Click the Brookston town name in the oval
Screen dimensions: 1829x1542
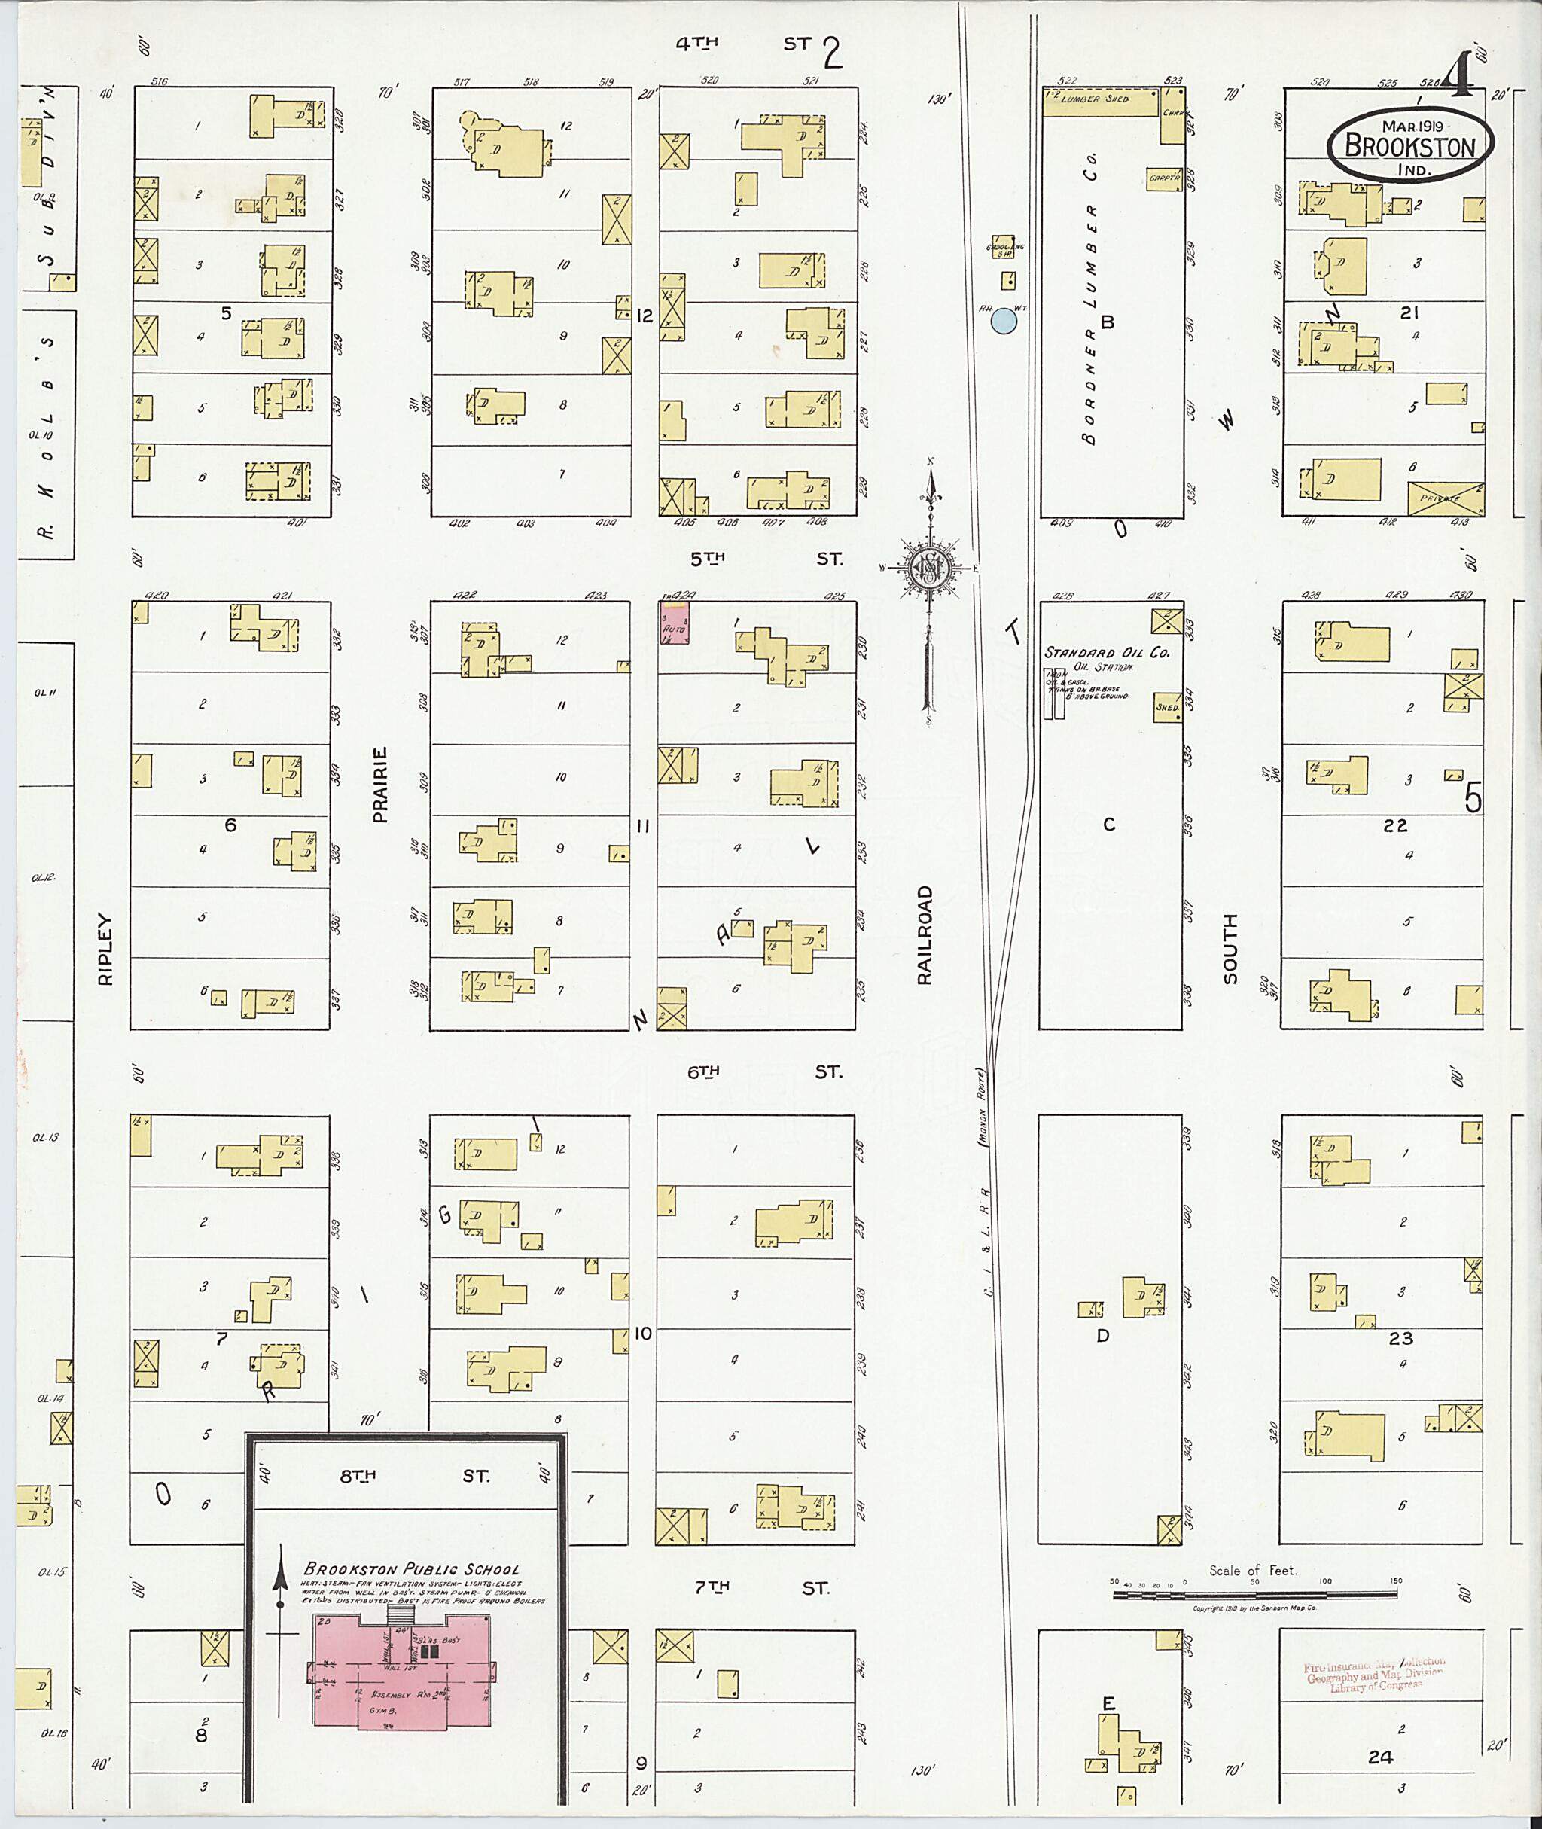tap(1409, 146)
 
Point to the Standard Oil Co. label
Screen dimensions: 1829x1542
tap(1107, 652)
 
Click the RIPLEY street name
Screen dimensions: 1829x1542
tap(105, 949)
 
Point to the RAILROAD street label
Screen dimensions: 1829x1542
tap(925, 934)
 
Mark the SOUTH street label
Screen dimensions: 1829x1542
tap(1230, 949)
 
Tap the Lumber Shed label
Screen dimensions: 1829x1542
tap(1096, 99)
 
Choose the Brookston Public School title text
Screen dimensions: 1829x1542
tap(411, 1569)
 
